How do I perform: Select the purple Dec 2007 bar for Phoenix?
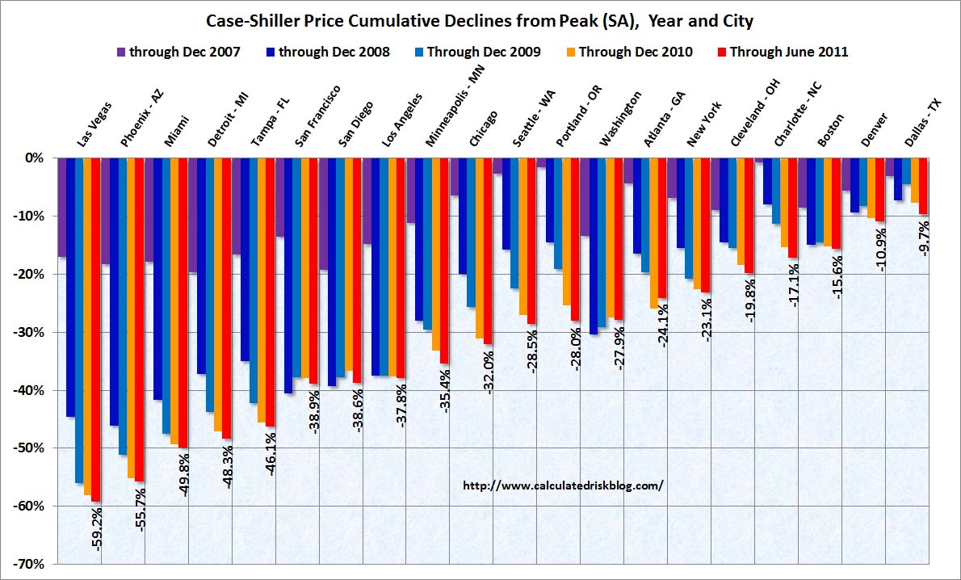click(x=105, y=211)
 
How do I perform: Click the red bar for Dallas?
click(x=924, y=186)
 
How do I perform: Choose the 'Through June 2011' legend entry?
click(x=782, y=53)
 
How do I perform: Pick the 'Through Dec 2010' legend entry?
click(x=630, y=53)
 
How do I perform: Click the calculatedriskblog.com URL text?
click(x=563, y=485)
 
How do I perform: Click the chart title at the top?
click(x=480, y=19)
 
